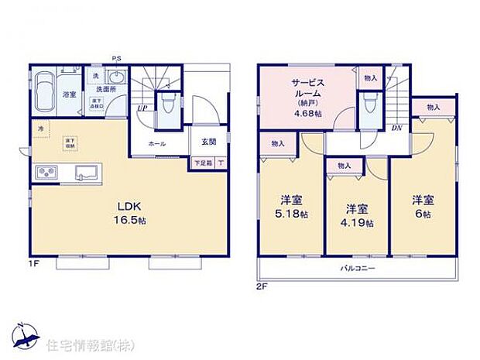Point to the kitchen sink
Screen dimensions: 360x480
(86, 172)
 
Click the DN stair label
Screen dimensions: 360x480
(397, 128)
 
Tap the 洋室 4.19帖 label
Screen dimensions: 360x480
(356, 215)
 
